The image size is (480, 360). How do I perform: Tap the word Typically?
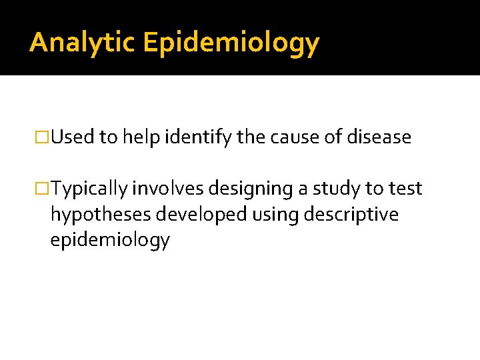point(90,189)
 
